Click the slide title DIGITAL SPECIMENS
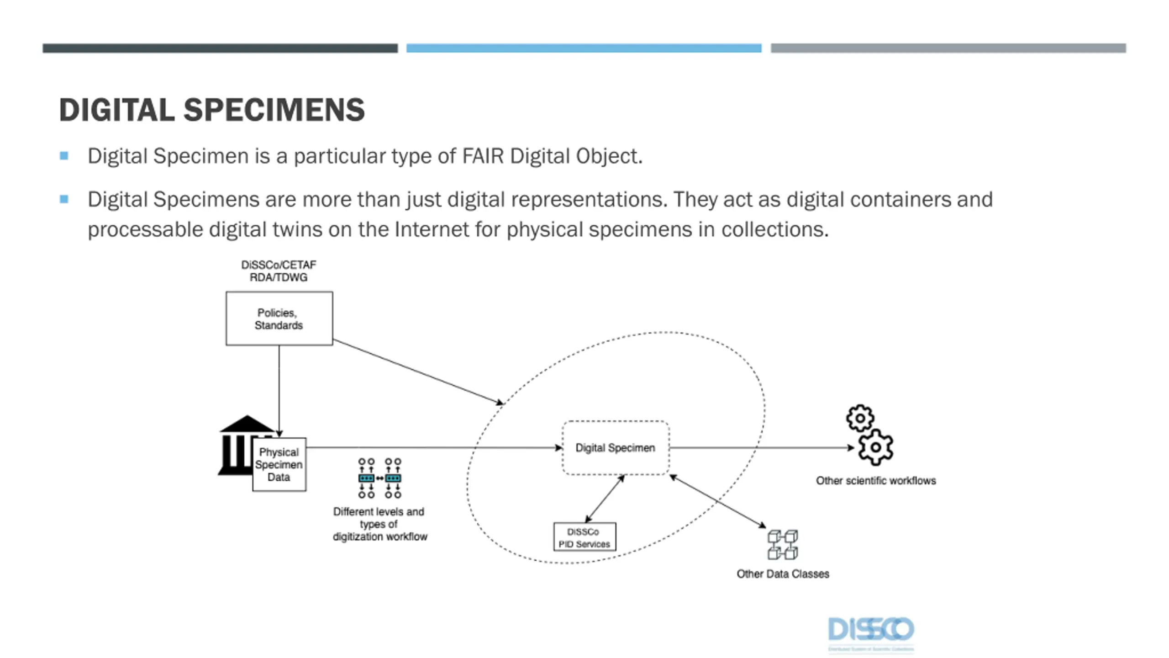[212, 110]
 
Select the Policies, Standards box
[279, 318]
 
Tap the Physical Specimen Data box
[279, 464]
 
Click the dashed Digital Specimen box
[615, 448]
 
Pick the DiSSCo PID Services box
[584, 537]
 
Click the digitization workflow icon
[379, 478]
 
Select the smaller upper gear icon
[860, 418]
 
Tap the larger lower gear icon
[875, 447]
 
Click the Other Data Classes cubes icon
[782, 545]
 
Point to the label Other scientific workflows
[876, 481]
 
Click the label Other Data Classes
[783, 574]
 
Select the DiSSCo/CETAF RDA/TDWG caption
[279, 271]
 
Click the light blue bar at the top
[584, 48]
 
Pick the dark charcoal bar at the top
[220, 48]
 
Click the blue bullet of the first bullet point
[64, 156]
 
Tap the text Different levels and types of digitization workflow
[379, 524]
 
